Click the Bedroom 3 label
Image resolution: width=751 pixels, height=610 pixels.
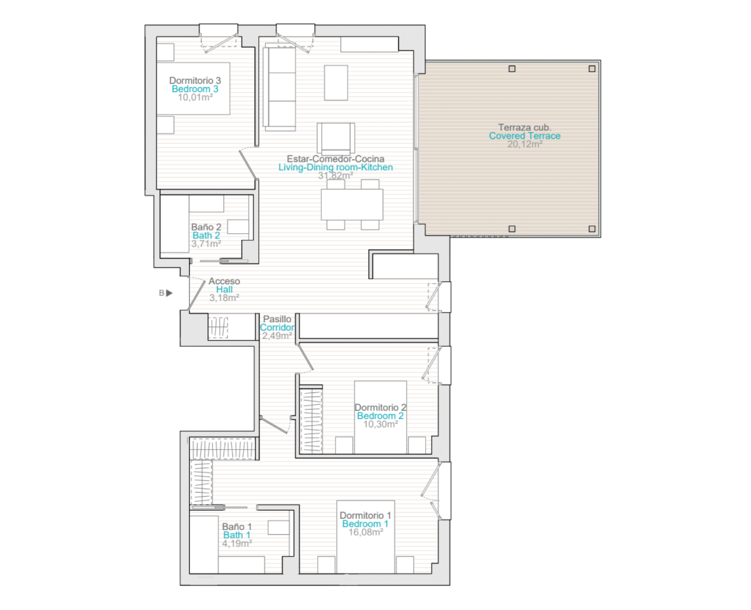[x=195, y=89]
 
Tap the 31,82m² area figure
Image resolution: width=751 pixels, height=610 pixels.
[x=335, y=175]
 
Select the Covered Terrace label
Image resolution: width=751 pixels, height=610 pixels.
[x=524, y=136]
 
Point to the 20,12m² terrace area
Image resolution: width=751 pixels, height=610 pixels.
[x=525, y=144]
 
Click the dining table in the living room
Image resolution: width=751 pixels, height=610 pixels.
[x=351, y=205]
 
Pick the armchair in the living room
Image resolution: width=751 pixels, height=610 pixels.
[x=336, y=138]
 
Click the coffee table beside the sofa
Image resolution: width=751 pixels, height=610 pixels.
[x=336, y=82]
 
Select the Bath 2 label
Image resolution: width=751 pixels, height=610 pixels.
[x=206, y=235]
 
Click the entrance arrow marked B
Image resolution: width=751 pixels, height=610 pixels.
[x=169, y=293]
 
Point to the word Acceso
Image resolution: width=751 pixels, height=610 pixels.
[x=224, y=281]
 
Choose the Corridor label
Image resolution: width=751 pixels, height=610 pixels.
[x=277, y=327]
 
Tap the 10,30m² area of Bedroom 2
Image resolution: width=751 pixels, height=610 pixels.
[x=381, y=424]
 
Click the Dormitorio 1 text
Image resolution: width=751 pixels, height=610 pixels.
[x=365, y=515]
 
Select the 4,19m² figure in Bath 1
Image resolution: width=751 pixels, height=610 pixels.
[x=237, y=543]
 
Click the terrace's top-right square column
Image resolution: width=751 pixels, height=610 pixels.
[x=592, y=69]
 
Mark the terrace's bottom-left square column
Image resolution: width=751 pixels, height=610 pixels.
[x=512, y=229]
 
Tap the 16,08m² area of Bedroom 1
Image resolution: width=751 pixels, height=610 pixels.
[x=366, y=532]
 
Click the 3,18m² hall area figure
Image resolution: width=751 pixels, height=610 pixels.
[x=224, y=298]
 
